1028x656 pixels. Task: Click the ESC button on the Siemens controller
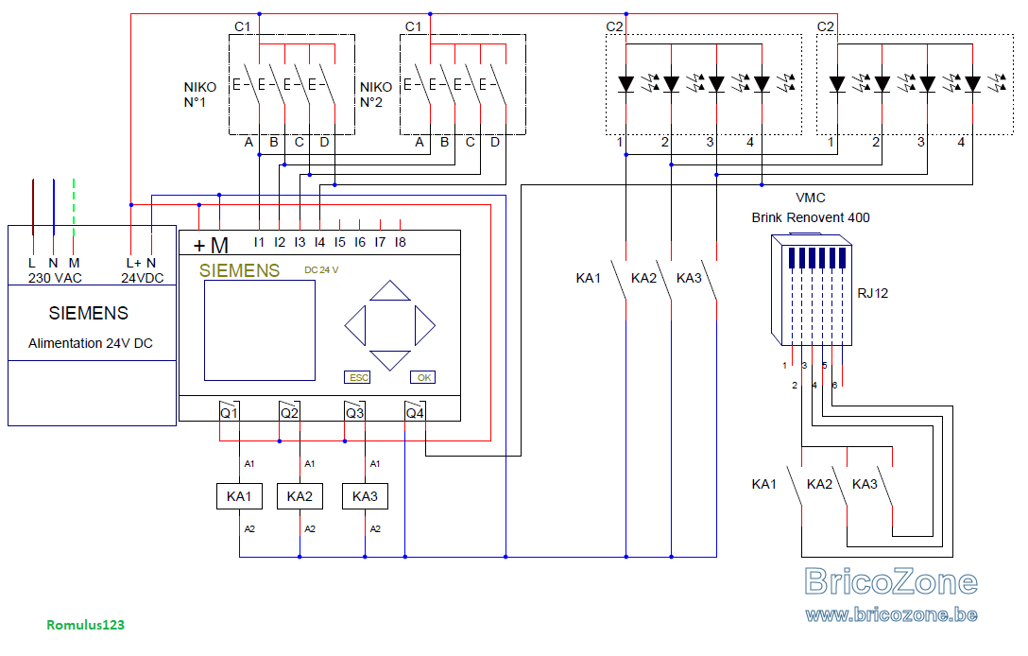click(357, 377)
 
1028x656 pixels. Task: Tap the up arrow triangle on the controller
click(390, 291)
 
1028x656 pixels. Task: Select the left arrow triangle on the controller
click(355, 325)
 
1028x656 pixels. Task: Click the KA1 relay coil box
click(239, 496)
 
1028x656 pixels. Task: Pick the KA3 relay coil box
click(365, 496)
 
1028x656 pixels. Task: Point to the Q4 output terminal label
click(415, 413)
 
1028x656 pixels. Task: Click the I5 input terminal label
click(339, 242)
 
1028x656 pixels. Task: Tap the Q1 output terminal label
click(229, 413)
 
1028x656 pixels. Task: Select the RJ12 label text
click(873, 293)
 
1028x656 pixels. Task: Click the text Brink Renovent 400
click(811, 217)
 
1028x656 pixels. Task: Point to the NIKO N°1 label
click(199, 95)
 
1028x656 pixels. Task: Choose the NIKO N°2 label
click(376, 95)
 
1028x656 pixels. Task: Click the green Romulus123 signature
click(85, 625)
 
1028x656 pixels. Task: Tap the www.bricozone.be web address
click(892, 614)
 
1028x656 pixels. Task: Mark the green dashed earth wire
click(74, 207)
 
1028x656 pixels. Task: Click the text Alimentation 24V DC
click(91, 343)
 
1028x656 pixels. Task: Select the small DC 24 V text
click(321, 270)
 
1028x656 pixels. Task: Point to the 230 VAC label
click(55, 278)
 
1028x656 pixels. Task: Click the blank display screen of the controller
click(260, 331)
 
